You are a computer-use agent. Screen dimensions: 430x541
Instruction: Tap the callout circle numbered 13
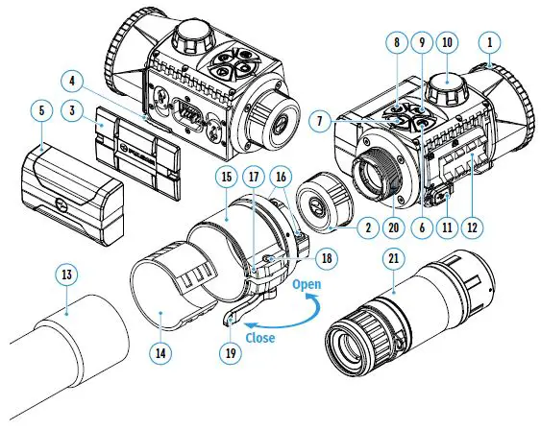(65, 276)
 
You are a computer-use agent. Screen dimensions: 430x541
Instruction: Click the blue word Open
(307, 285)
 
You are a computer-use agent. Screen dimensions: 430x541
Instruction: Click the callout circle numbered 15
(227, 178)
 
